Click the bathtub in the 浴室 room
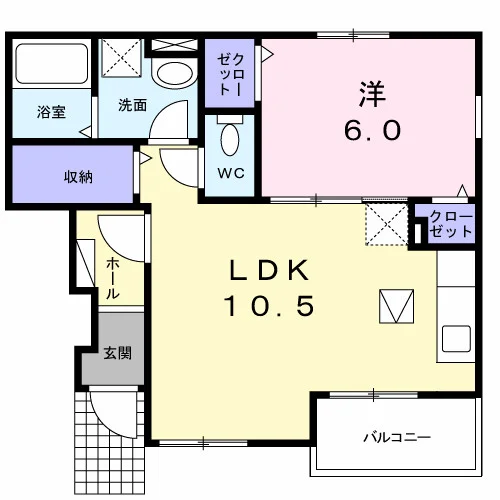coord(52,63)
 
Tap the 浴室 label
coord(51,112)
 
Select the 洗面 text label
coord(133,105)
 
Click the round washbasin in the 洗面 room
coord(175,74)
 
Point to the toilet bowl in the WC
coord(230,140)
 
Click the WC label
coord(231,173)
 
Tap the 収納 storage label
coord(78,177)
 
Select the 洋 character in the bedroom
coord(372,94)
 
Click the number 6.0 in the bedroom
coord(372,131)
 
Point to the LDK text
coord(269,270)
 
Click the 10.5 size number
coord(269,306)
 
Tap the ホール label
coord(112,278)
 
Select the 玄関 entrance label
coord(118,353)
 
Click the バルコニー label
coord(397,437)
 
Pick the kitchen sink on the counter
coord(456,338)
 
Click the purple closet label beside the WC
coord(231,74)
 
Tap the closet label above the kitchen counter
coord(451,224)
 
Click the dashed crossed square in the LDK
coord(387,224)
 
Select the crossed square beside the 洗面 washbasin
coord(121,58)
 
